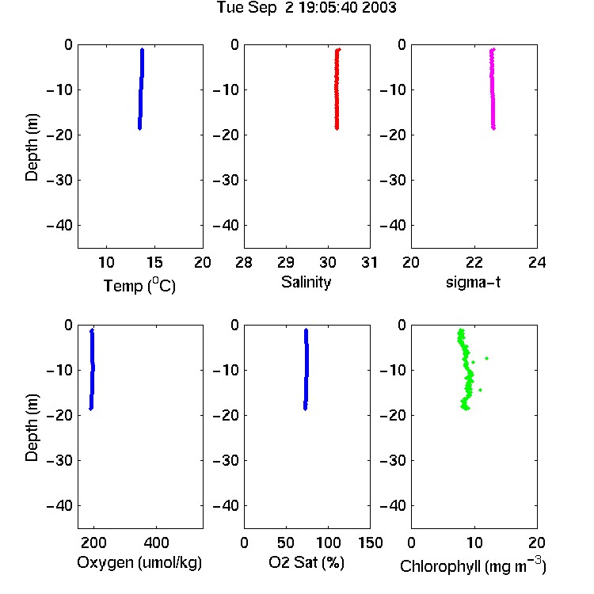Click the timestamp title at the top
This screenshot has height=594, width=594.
coord(307,7)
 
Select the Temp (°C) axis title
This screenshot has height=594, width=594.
coord(139,286)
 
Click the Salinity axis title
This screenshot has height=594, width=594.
coord(306,282)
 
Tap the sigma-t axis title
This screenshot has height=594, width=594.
coord(473,282)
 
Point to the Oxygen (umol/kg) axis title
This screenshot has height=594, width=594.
coord(139,563)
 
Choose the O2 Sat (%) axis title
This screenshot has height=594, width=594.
coord(307,563)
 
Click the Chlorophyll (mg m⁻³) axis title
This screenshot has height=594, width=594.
coord(473,565)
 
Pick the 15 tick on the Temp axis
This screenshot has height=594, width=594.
coord(154,262)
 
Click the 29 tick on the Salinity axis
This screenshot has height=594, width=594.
coord(286,262)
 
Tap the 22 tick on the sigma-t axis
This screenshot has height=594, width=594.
coord(474,262)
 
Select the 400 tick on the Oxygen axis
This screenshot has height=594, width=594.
coord(157,543)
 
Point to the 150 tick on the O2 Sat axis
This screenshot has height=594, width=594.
coord(370,543)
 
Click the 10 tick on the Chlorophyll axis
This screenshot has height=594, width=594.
coord(474,543)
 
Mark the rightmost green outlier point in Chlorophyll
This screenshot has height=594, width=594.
coord(487,358)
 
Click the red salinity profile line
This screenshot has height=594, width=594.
coord(337,89)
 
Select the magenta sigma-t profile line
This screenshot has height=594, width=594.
coord(493,89)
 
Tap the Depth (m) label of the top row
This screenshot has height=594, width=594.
coord(32,147)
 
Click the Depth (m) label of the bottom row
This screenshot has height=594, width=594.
coord(32,428)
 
